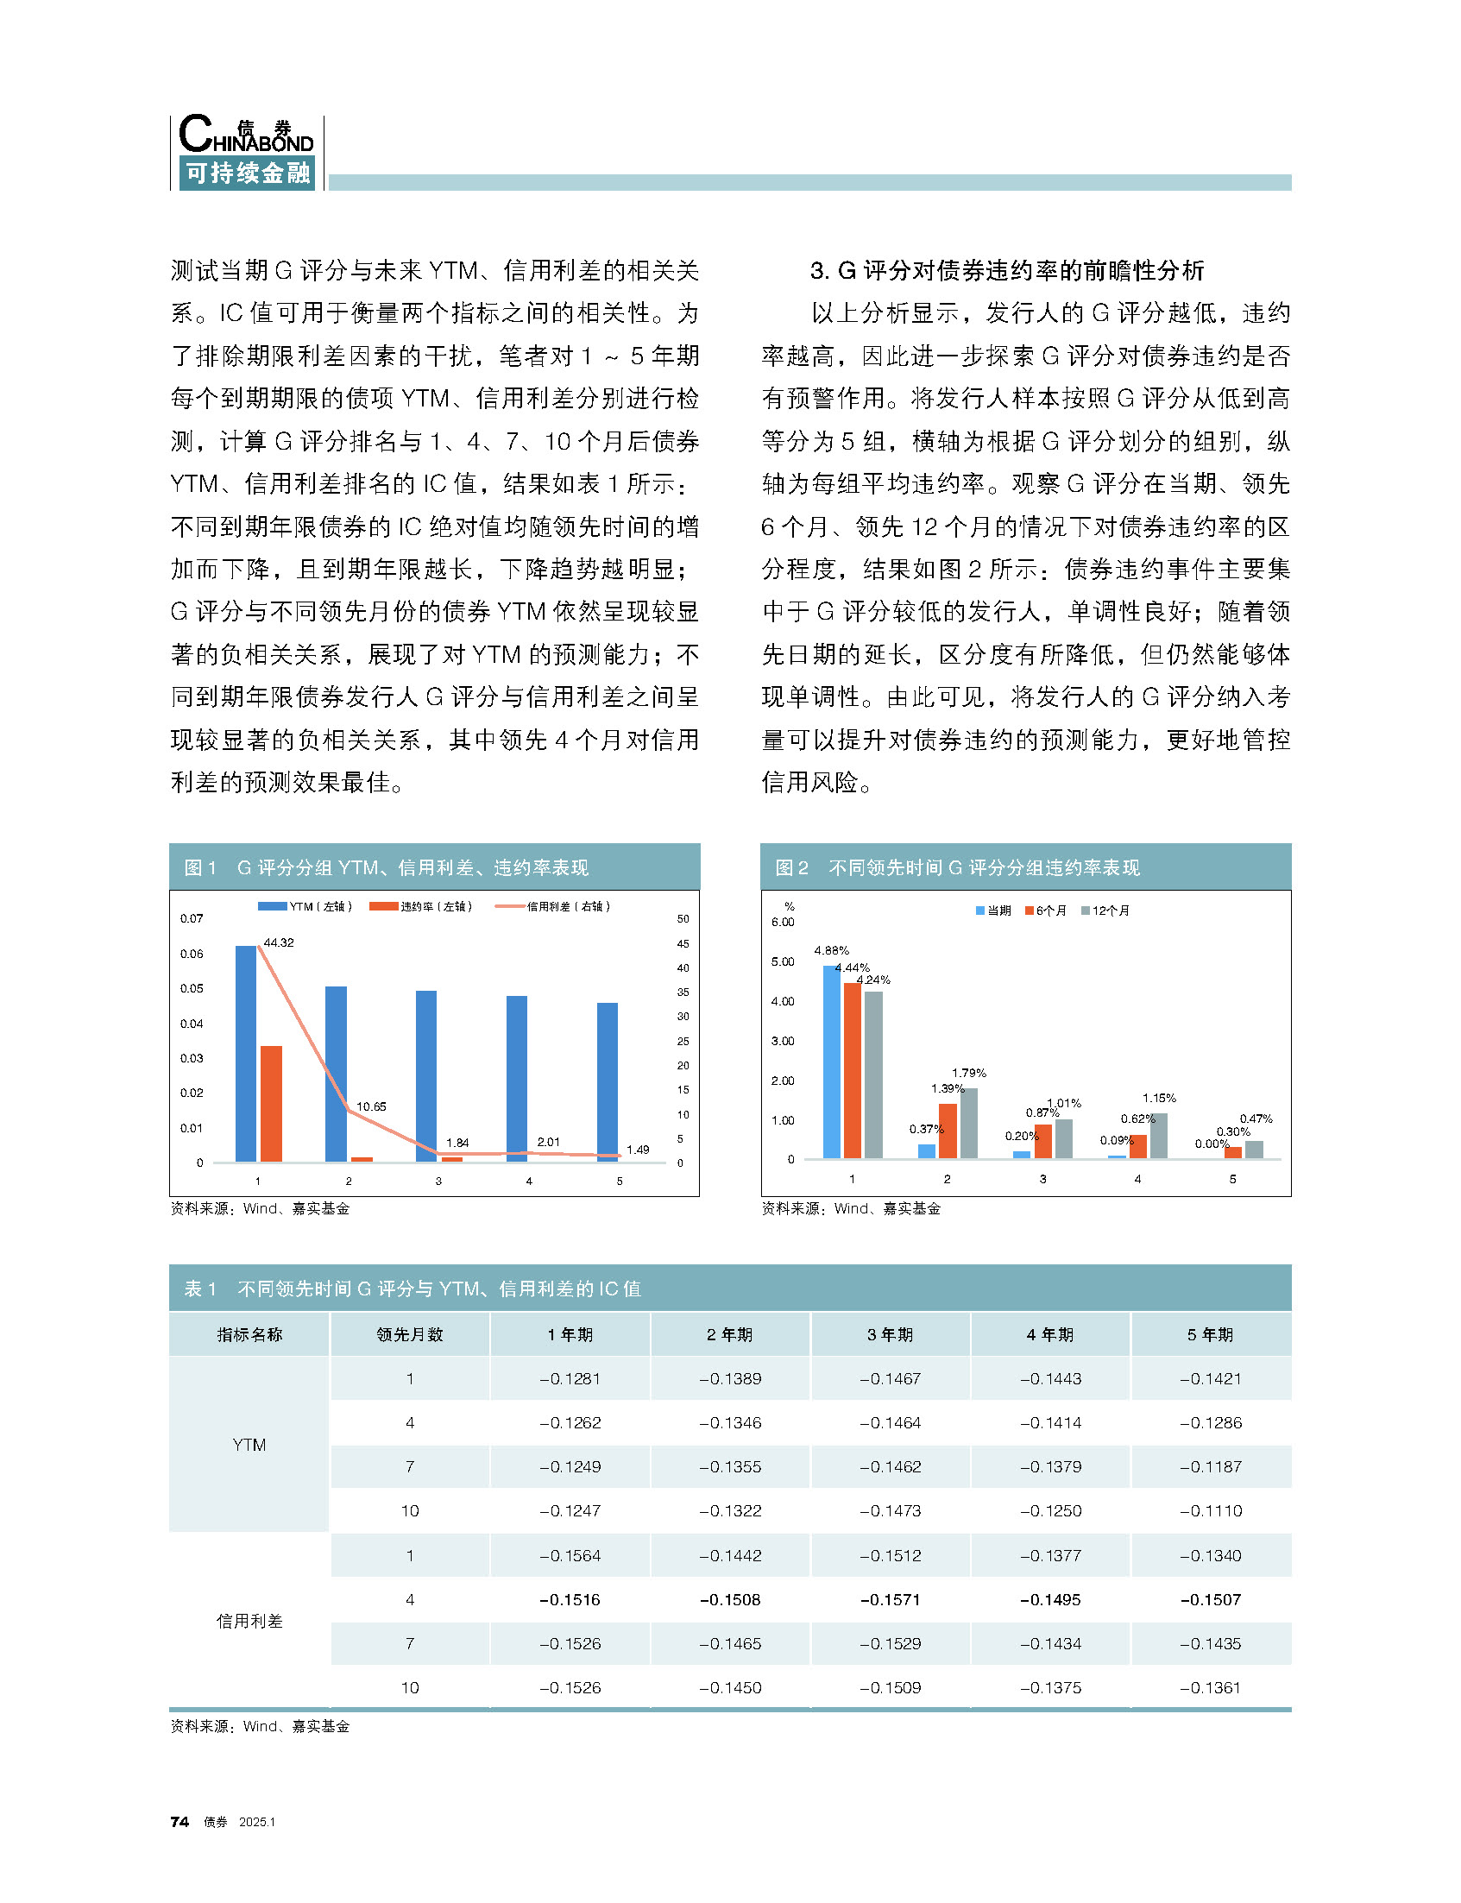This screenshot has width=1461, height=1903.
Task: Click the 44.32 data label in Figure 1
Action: tap(278, 942)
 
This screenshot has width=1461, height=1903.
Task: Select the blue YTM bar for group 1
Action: tap(246, 1052)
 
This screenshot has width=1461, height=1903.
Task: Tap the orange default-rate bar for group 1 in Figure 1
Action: tap(271, 1103)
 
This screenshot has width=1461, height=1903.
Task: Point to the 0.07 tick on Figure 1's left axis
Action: tap(192, 918)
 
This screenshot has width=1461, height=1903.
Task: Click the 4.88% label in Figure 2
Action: tap(831, 949)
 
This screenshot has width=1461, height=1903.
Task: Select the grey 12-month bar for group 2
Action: tap(969, 1123)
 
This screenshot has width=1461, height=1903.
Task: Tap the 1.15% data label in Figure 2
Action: tap(1158, 1098)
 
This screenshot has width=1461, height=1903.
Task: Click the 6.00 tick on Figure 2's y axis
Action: tap(783, 922)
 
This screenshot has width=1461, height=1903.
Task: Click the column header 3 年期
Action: tap(890, 1334)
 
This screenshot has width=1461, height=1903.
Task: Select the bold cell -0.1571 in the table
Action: tap(890, 1599)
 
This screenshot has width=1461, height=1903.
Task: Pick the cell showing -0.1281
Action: tap(570, 1378)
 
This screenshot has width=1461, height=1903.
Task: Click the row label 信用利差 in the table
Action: tap(249, 1621)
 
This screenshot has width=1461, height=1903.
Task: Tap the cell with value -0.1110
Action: tap(1211, 1510)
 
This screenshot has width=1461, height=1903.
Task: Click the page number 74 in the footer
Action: tap(180, 1822)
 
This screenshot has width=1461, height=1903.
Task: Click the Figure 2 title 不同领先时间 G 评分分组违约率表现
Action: tap(984, 867)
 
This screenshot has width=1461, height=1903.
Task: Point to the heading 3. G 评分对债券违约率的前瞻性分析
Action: tap(1006, 270)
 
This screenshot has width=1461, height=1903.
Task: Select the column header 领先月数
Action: tap(410, 1334)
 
